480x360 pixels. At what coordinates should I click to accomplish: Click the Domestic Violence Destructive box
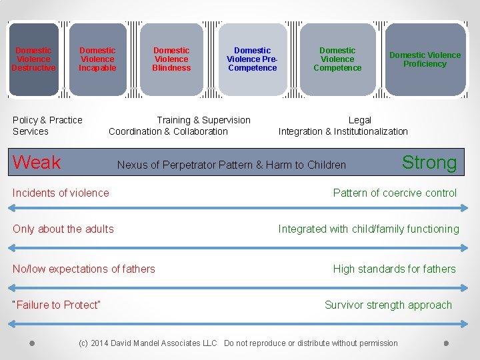33,59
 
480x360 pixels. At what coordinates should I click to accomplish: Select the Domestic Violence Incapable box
97,59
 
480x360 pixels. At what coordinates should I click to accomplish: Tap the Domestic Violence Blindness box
171,59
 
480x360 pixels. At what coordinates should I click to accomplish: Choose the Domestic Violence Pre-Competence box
252,59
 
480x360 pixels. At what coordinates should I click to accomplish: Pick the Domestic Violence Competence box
337,59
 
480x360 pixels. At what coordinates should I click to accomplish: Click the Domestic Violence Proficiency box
425,59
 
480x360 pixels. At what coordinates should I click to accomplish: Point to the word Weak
37,162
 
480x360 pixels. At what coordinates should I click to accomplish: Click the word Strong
429,162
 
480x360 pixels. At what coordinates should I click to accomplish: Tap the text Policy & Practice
47,120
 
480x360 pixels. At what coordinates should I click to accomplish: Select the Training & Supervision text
203,120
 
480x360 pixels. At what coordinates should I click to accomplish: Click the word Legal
360,120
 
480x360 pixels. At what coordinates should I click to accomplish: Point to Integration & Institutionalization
343,131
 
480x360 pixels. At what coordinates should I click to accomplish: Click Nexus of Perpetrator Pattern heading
231,165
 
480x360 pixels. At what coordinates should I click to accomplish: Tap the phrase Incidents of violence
61,193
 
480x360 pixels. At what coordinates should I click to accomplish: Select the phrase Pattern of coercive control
395,193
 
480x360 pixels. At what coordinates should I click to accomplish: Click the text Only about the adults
63,229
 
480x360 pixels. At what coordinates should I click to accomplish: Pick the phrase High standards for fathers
394,269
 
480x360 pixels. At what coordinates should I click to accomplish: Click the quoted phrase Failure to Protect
57,305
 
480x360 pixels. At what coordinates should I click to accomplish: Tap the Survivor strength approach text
388,305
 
